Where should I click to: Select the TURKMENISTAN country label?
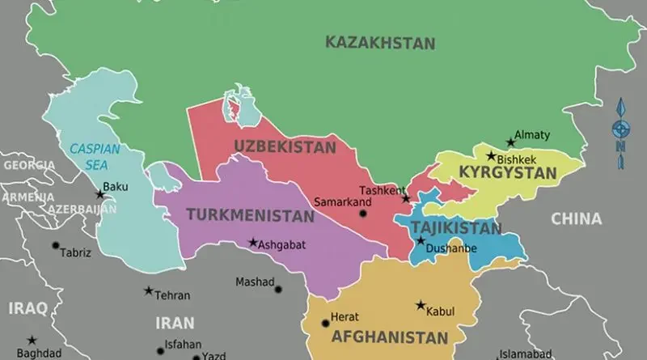point(250,215)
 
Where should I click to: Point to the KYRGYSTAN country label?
point(507,172)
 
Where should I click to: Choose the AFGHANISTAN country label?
point(390,337)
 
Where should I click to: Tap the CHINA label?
point(576,218)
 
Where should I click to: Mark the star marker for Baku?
point(100,194)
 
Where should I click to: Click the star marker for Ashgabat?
point(253,242)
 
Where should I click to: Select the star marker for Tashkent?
point(406,198)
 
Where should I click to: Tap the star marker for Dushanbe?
point(420,240)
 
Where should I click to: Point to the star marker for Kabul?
point(421,306)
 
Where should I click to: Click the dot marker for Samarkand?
point(362,214)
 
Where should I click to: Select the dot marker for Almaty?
point(510,142)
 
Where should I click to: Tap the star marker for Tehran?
point(148,291)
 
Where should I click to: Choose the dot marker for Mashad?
point(278,289)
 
